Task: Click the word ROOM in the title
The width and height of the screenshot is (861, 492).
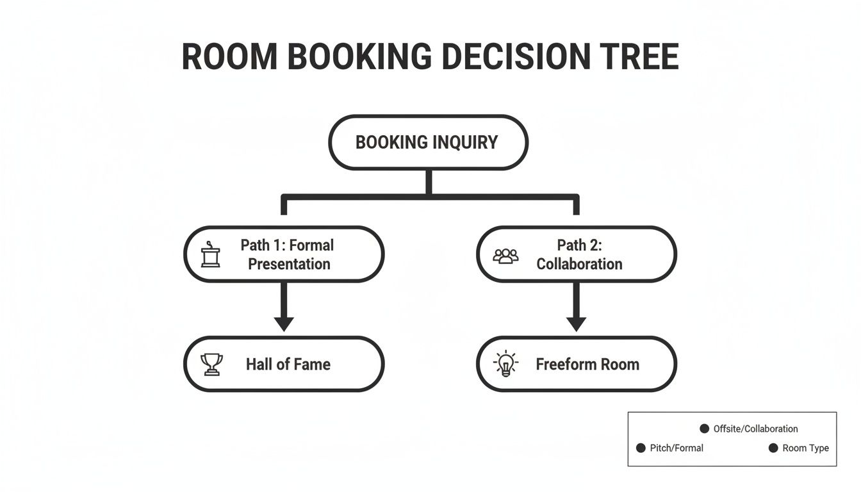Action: (x=229, y=57)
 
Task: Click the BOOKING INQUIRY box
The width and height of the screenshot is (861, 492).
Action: (x=427, y=142)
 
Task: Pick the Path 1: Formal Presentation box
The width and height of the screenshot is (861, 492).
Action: (x=284, y=254)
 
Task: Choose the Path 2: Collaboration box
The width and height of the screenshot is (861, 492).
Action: (x=577, y=254)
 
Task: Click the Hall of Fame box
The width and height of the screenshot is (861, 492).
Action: (x=284, y=364)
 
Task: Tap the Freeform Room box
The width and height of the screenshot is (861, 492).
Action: (x=577, y=364)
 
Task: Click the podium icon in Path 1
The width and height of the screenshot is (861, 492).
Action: (x=210, y=255)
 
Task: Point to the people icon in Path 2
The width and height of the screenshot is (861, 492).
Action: (x=505, y=256)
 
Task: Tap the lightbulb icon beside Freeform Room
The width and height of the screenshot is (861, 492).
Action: (x=505, y=364)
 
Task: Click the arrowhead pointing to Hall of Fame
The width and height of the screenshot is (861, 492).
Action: (x=284, y=323)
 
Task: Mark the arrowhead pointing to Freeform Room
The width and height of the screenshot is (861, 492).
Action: (x=576, y=323)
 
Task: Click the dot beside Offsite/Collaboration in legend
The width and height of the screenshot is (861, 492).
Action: (x=704, y=429)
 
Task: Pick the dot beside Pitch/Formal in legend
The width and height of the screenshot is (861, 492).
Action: (x=641, y=448)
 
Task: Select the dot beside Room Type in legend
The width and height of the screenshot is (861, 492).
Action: (x=773, y=448)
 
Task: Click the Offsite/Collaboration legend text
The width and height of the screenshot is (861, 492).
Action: (x=755, y=429)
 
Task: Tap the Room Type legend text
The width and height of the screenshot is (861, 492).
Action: (x=805, y=448)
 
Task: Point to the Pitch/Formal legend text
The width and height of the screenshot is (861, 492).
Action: (x=676, y=448)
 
